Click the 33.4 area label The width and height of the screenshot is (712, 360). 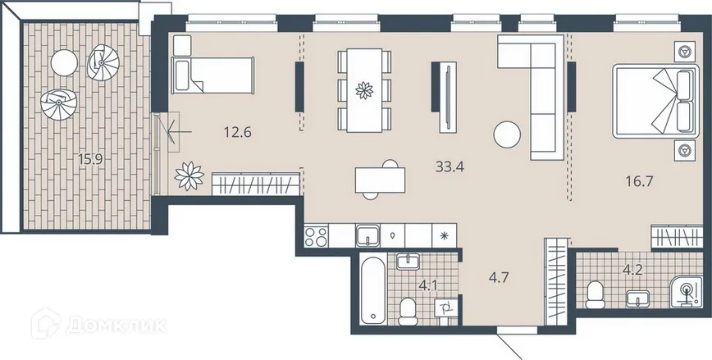click(x=450, y=167)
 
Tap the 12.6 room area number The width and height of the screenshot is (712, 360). click(x=238, y=133)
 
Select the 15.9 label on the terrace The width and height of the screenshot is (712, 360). click(x=90, y=159)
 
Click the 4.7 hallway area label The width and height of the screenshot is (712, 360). click(x=498, y=277)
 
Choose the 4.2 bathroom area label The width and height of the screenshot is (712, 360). click(x=632, y=271)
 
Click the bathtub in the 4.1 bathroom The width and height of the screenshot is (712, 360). click(x=373, y=289)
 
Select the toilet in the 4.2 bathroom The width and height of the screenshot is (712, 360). click(x=595, y=295)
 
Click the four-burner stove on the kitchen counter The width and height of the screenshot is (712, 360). click(x=316, y=236)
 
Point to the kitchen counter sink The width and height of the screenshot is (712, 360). click(x=368, y=235)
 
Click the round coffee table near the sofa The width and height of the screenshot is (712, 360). click(x=507, y=134)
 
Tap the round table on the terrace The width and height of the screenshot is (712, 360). click(x=65, y=62)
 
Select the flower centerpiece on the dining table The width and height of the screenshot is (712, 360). click(x=364, y=90)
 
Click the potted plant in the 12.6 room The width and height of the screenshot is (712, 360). click(x=189, y=176)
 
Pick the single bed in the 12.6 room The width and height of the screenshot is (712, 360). click(x=213, y=75)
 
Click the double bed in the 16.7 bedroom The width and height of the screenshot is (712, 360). click(x=655, y=101)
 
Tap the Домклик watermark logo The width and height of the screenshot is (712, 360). click(x=98, y=324)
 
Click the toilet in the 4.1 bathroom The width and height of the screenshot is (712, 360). click(x=408, y=312)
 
